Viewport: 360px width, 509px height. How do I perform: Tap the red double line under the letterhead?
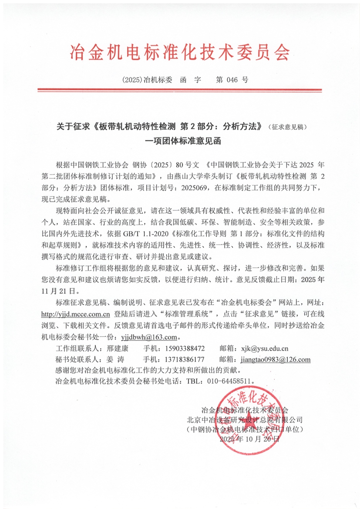pos(180,90)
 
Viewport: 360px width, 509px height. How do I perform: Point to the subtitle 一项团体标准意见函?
pos(180,141)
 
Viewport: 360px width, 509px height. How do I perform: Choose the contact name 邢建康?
pos(117,348)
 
